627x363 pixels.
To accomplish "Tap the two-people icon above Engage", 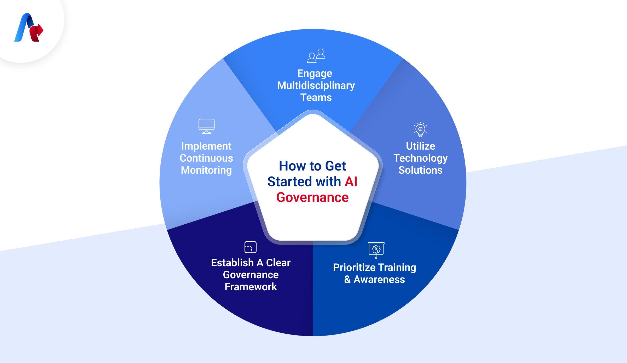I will pos(316,56).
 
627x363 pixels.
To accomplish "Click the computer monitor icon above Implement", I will pos(206,126).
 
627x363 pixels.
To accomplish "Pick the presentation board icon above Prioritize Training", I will pos(376,250).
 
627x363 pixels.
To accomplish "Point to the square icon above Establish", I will pos(250,247).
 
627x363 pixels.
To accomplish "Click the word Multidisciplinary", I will pos(316,86).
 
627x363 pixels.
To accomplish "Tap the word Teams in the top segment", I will pos(316,98).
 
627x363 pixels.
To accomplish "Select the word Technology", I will pos(420,158).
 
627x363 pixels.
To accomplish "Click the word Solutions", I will pos(420,170).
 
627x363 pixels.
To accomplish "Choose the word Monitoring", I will pos(206,170).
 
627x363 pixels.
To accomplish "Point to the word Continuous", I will pos(206,158).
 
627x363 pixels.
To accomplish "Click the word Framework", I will pos(251,287).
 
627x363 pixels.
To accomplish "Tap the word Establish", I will pos(232,263).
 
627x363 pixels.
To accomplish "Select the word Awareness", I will pos(379,280).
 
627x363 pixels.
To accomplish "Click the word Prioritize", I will pos(354,268).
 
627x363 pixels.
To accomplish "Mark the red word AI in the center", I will pos(351,182).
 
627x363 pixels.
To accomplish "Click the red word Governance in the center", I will pos(312,197).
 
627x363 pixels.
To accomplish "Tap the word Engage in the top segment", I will pos(315,73).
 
